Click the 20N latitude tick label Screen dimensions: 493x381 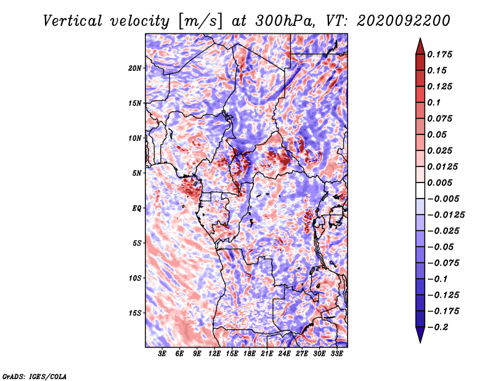click(135, 68)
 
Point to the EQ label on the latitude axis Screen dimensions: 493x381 click(137, 208)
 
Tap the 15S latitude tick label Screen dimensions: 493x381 click(135, 313)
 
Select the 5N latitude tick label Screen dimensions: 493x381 click(137, 173)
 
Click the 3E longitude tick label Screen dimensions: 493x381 click(162, 353)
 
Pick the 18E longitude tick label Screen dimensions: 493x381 click(250, 353)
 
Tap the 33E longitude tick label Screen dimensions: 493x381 click(336, 353)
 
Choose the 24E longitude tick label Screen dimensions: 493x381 click(284, 353)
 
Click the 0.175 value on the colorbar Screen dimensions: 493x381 click(439, 54)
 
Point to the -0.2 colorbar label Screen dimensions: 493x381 click(438, 327)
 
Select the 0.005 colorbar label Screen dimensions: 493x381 click(439, 182)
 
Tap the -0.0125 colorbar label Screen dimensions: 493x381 click(446, 215)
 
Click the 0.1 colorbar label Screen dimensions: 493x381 click(434, 102)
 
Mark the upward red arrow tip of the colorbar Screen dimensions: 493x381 click(420, 38)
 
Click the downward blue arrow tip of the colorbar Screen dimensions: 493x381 click(420, 342)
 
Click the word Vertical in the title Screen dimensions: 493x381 click(73, 21)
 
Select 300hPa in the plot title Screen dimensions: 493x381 click(285, 21)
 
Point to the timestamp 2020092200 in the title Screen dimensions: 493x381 click(404, 21)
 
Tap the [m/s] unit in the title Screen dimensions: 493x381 click(200, 22)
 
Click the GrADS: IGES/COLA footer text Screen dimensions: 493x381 click(35, 376)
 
